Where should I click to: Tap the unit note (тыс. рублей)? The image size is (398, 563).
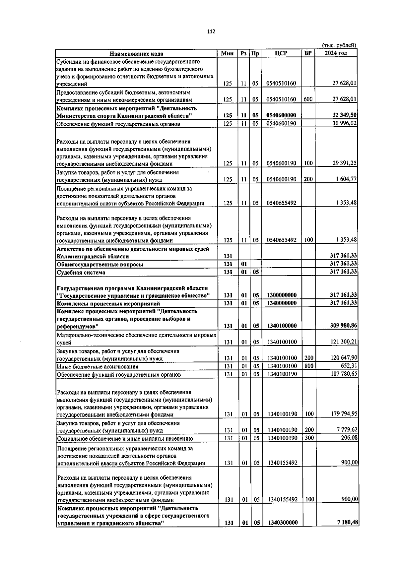pyautogui.click(x=340, y=45)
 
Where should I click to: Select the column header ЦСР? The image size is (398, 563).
pyautogui.click(x=281, y=53)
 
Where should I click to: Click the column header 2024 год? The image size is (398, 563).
pyautogui.click(x=336, y=53)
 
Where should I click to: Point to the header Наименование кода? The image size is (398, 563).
pyautogui.click(x=137, y=54)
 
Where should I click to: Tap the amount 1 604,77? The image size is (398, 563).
pyautogui.click(x=346, y=179)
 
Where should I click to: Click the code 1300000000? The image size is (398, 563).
pyautogui.click(x=282, y=295)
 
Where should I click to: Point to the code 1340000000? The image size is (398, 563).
pyautogui.click(x=282, y=303)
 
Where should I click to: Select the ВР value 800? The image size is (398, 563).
pyautogui.click(x=308, y=366)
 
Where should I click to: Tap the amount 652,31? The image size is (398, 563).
pyautogui.click(x=349, y=366)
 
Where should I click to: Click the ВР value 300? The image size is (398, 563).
pyautogui.click(x=309, y=438)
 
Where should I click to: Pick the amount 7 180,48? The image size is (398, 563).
pyautogui.click(x=347, y=522)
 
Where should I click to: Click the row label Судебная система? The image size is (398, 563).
pyautogui.click(x=81, y=273)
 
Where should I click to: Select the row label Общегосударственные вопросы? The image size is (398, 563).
pyautogui.click(x=100, y=265)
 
